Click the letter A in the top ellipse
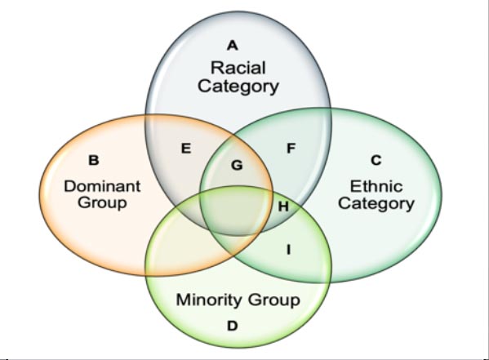233,46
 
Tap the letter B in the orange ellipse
94,160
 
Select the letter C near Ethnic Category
376,160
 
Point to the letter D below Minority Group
233,326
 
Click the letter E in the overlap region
186,149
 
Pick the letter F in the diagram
291,149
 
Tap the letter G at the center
237,165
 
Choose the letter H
282,207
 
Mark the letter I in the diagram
288,250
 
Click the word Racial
238,68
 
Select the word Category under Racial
238,86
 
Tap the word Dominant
102,186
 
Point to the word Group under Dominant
102,202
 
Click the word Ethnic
376,186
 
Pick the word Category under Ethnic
376,203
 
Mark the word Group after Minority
273,300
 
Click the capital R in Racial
216,68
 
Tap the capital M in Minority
183,300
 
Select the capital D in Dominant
70,186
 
